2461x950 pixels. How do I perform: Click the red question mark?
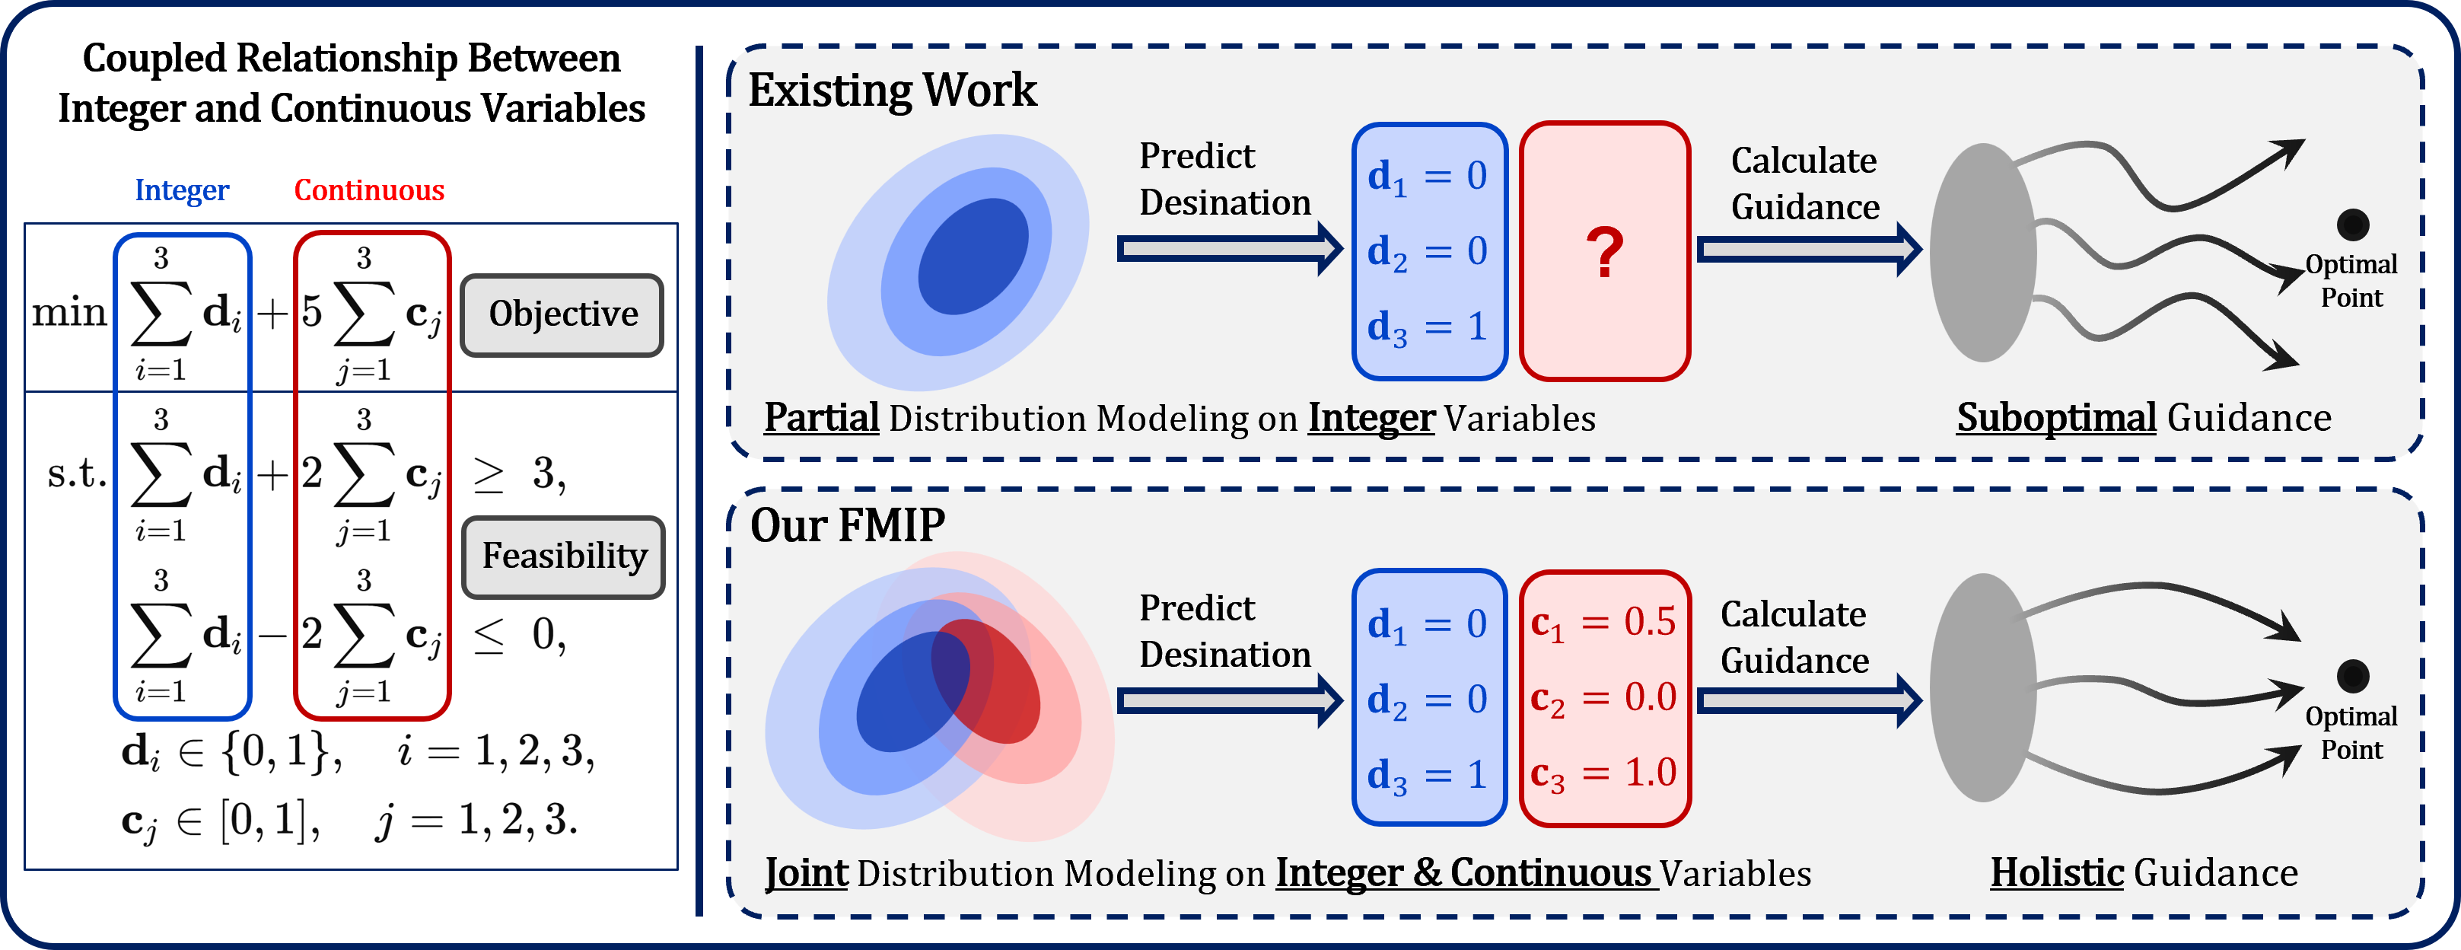[x=1604, y=252]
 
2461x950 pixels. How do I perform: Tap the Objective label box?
[x=562, y=314]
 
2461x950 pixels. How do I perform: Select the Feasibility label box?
[x=564, y=556]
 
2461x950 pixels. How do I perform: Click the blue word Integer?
[x=182, y=190]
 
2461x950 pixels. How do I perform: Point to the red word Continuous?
[x=369, y=190]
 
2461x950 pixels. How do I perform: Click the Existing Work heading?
[x=891, y=91]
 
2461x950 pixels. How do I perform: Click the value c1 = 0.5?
[x=1603, y=623]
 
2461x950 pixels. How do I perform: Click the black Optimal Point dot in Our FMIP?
[x=2352, y=676]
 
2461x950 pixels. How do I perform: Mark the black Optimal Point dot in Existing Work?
[x=2352, y=225]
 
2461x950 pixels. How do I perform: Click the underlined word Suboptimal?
[x=2056, y=419]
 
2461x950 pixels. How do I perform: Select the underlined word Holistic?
[x=2056, y=872]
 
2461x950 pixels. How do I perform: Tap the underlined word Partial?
[x=822, y=419]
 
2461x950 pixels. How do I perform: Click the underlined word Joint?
[x=807, y=872]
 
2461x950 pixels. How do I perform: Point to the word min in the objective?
[x=68, y=313]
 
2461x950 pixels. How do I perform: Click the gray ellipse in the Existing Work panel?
[x=1982, y=253]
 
